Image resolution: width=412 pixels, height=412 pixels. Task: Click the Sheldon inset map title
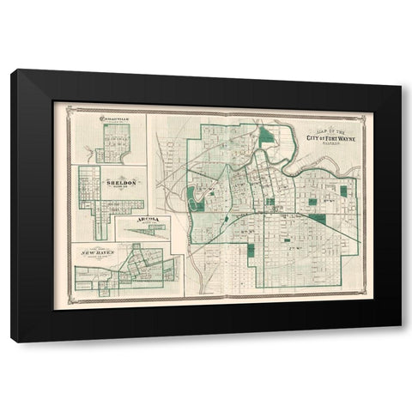point(121,183)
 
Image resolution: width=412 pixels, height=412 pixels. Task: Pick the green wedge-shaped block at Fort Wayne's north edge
point(267,134)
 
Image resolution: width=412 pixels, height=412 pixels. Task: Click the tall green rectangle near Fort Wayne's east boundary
point(343,191)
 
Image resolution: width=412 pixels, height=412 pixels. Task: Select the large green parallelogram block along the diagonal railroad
point(317,219)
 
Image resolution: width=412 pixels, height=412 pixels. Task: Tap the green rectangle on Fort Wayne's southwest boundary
point(251,251)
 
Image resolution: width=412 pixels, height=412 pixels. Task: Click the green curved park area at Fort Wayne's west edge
point(193,198)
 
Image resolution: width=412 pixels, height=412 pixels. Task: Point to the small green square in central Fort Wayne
point(270,202)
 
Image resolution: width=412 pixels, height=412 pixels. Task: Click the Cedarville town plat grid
point(112,142)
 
